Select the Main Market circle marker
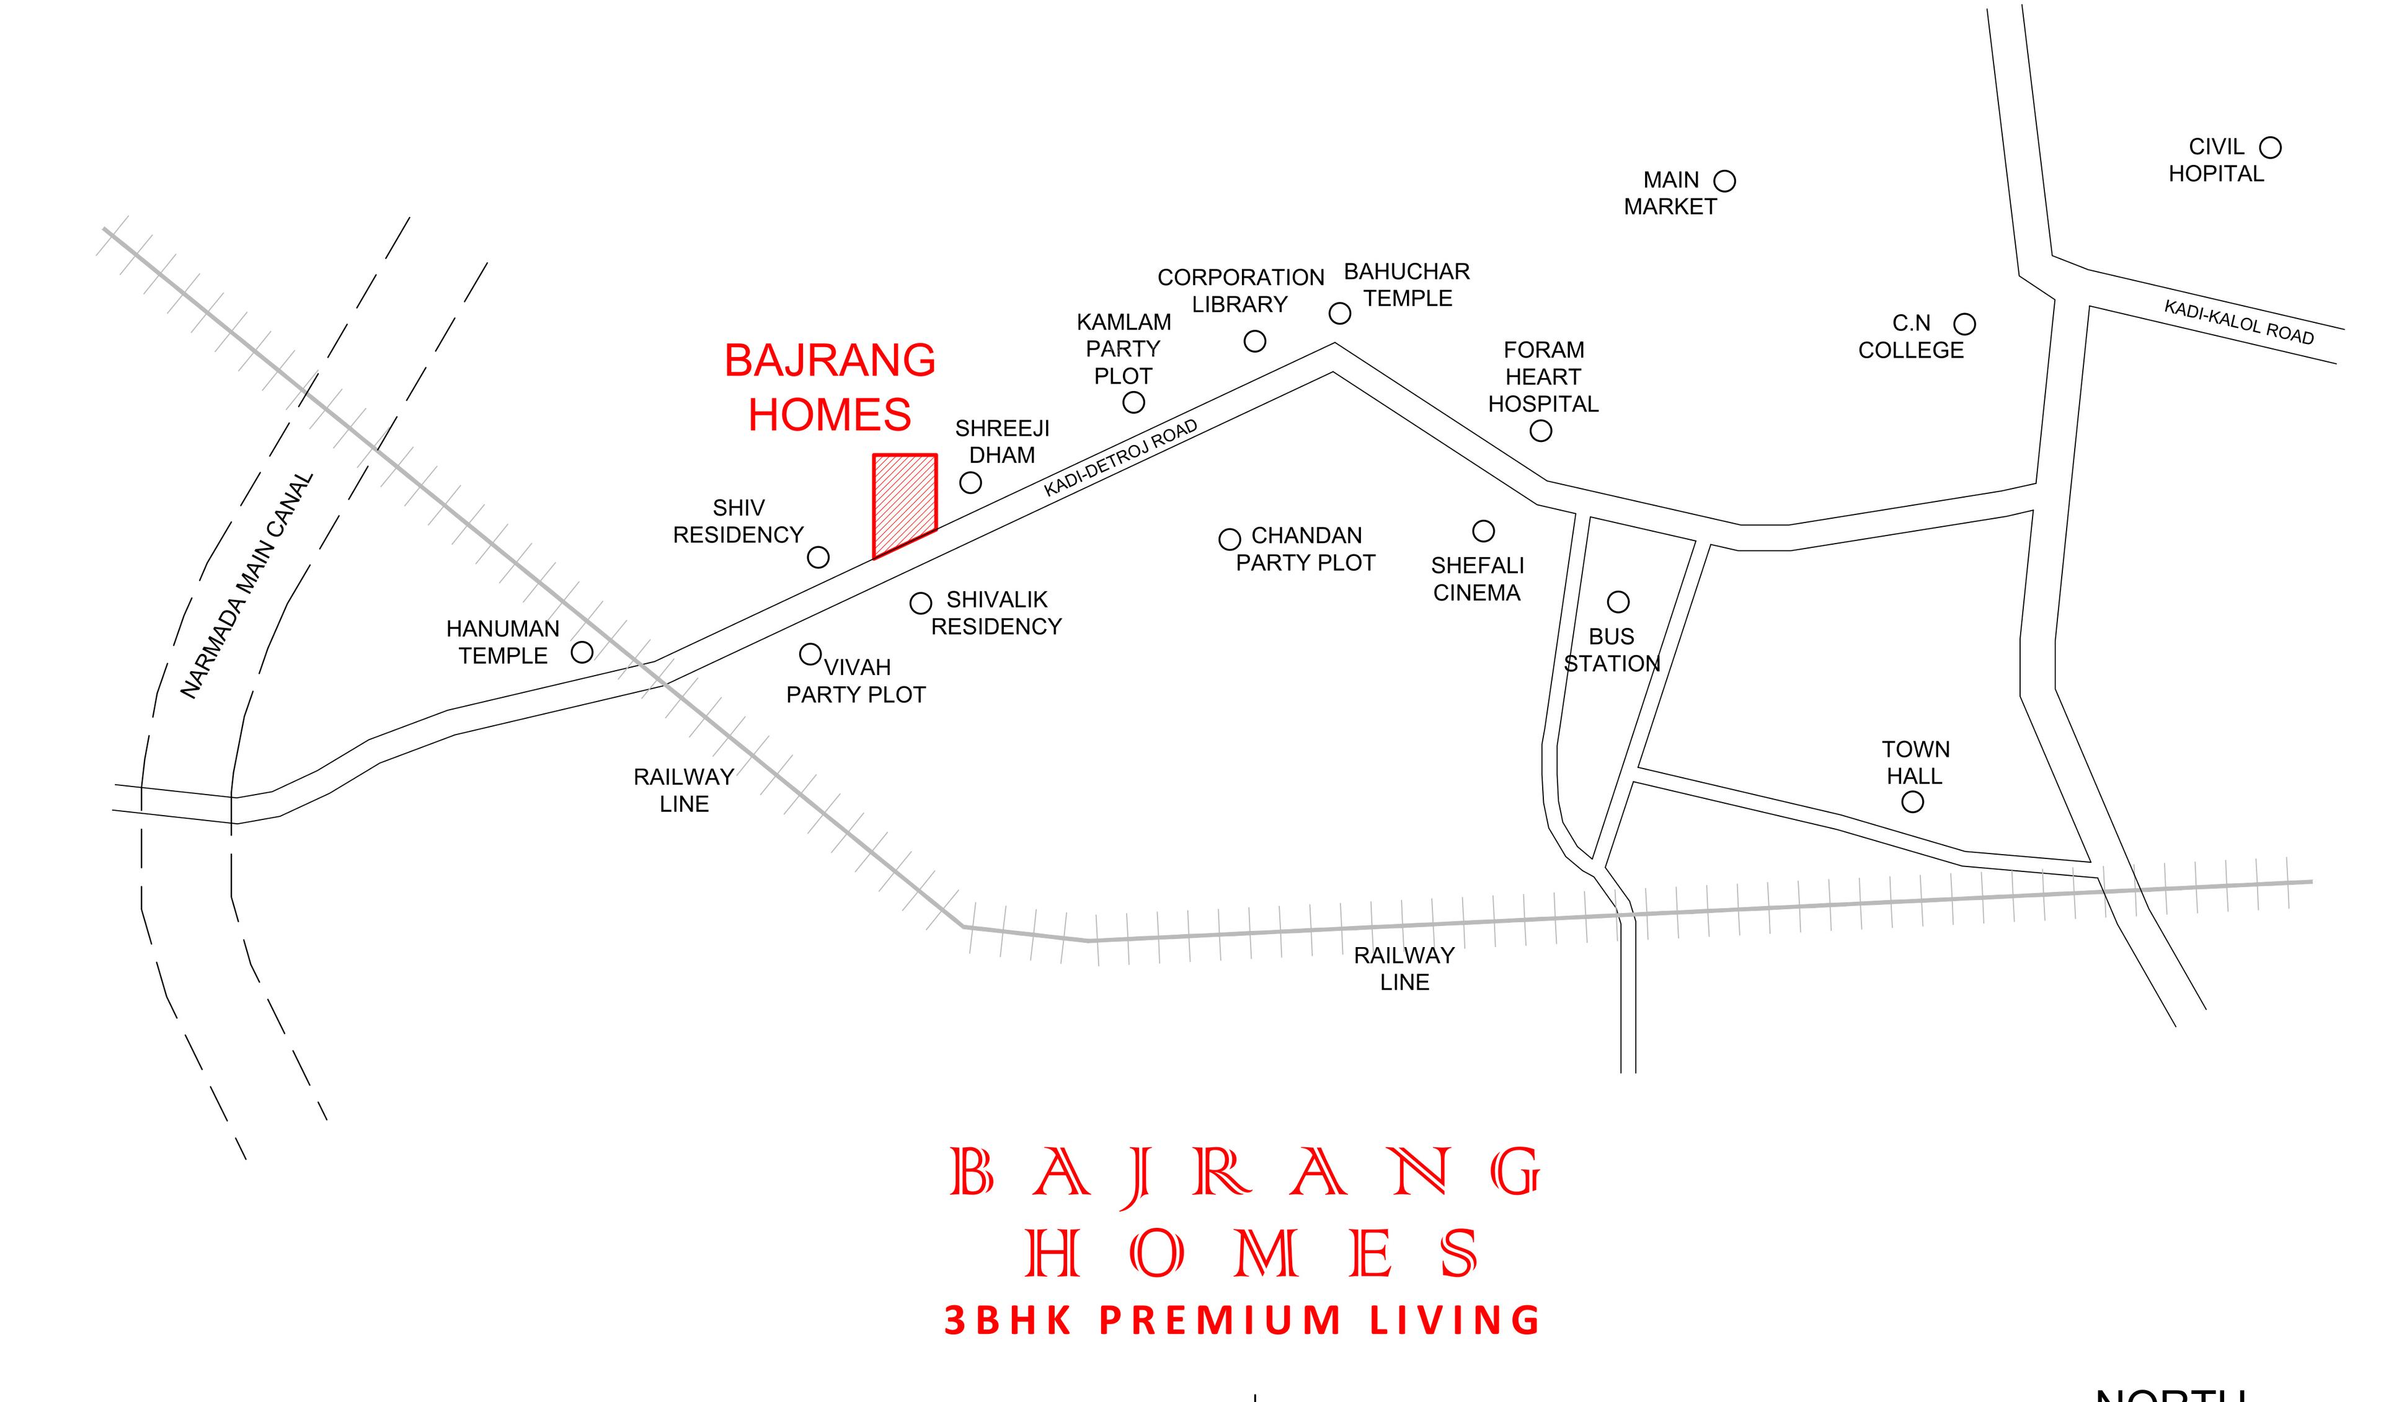pyautogui.click(x=1724, y=180)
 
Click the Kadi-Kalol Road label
pyautogui.click(x=2238, y=322)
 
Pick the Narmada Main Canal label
pyautogui.click(x=247, y=586)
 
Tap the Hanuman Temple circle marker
pyautogui.click(x=582, y=652)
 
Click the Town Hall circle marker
pyautogui.click(x=1912, y=802)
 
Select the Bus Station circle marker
pyautogui.click(x=1618, y=602)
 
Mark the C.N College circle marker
pyautogui.click(x=1964, y=324)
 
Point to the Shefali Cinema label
pyautogui.click(x=1477, y=579)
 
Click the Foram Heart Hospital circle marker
pyautogui.click(x=1541, y=431)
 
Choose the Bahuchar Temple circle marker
pyautogui.click(x=1340, y=313)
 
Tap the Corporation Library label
pyautogui.click(x=1241, y=291)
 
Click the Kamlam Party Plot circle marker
pyautogui.click(x=1134, y=402)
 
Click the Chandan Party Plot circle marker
pyautogui.click(x=1229, y=539)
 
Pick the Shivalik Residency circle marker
pyautogui.click(x=920, y=602)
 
